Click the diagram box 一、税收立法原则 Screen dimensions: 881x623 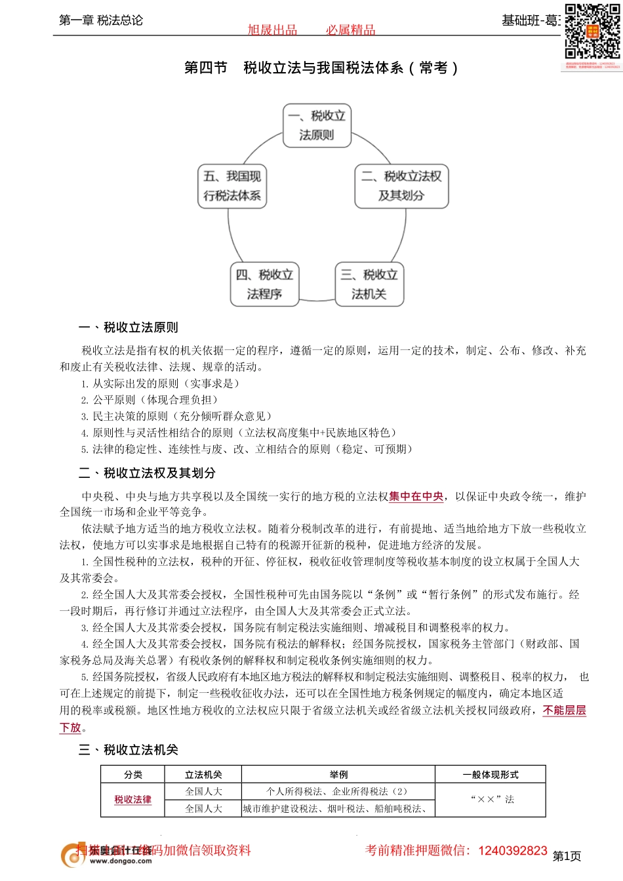coord(317,125)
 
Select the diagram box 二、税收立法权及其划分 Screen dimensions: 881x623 coord(401,186)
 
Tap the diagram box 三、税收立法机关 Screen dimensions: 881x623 coord(369,284)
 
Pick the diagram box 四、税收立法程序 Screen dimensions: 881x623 coord(265,284)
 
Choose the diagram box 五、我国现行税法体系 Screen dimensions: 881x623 coord(232,186)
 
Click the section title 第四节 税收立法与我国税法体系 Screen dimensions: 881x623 coord(321,68)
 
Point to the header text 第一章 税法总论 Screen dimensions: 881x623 coord(101,20)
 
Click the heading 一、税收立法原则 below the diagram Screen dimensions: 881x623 coord(129,328)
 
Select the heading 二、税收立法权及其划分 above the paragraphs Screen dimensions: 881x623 coord(147,473)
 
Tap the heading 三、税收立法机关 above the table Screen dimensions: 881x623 coord(129,750)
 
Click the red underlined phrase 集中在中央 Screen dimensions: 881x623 coord(416,497)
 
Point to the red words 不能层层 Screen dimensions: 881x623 coord(564,711)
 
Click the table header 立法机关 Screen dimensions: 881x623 coord(203,775)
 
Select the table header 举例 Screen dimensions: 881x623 coord(338,775)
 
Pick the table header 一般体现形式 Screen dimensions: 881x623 coord(491,775)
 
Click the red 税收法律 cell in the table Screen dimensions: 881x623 coord(133,800)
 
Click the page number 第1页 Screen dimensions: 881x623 coord(567,856)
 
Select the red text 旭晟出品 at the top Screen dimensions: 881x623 coord(272,30)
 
